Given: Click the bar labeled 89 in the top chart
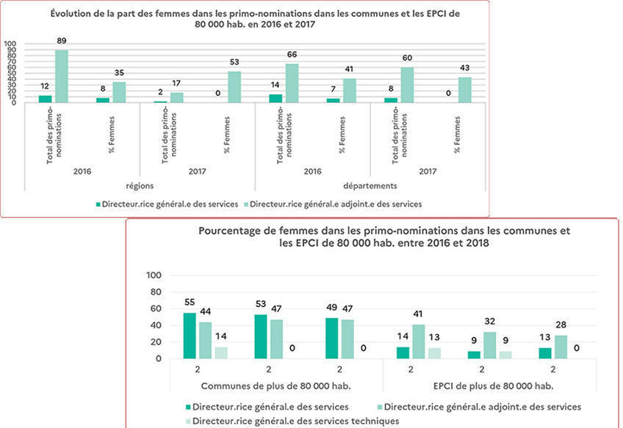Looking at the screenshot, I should (62, 76).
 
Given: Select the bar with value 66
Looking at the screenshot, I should (292, 83).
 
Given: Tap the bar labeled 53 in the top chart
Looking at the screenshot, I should (234, 87).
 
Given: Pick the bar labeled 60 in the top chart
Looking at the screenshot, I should (407, 84).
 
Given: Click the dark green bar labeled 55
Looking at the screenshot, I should (190, 335).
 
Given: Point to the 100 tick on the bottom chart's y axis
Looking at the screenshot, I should (154, 275).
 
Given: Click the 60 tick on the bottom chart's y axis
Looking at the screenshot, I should (156, 309).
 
